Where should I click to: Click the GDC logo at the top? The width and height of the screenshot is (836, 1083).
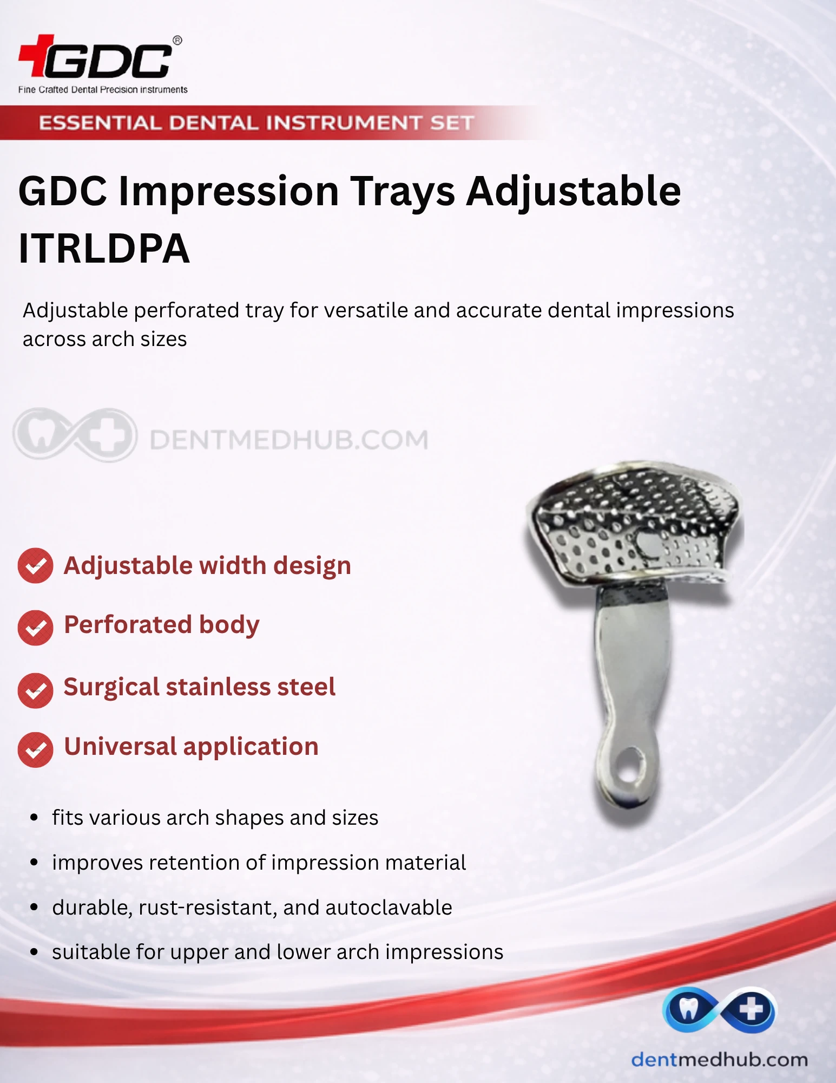tap(100, 57)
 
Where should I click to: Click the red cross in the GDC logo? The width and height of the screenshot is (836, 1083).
tap(36, 55)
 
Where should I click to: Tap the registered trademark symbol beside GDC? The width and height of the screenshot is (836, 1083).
tap(177, 41)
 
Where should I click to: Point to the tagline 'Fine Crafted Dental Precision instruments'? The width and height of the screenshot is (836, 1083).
tap(103, 89)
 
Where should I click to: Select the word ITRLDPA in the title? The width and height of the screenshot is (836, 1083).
tap(104, 249)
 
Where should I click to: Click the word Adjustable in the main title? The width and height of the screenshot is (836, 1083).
tap(574, 192)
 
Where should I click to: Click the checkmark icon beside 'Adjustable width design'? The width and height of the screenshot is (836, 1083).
tap(35, 566)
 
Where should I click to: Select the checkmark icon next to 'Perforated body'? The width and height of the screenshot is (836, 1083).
tap(35, 628)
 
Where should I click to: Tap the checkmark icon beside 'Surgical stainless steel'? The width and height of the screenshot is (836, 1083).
tap(35, 690)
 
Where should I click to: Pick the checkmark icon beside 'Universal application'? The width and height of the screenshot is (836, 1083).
tap(35, 750)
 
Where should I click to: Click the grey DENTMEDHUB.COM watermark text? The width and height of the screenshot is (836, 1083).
tap(288, 440)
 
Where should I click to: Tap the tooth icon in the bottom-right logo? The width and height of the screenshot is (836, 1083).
tap(688, 1008)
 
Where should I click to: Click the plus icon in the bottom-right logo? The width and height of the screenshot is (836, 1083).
tap(751, 1009)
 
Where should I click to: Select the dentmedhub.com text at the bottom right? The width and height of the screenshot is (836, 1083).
tap(720, 1059)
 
